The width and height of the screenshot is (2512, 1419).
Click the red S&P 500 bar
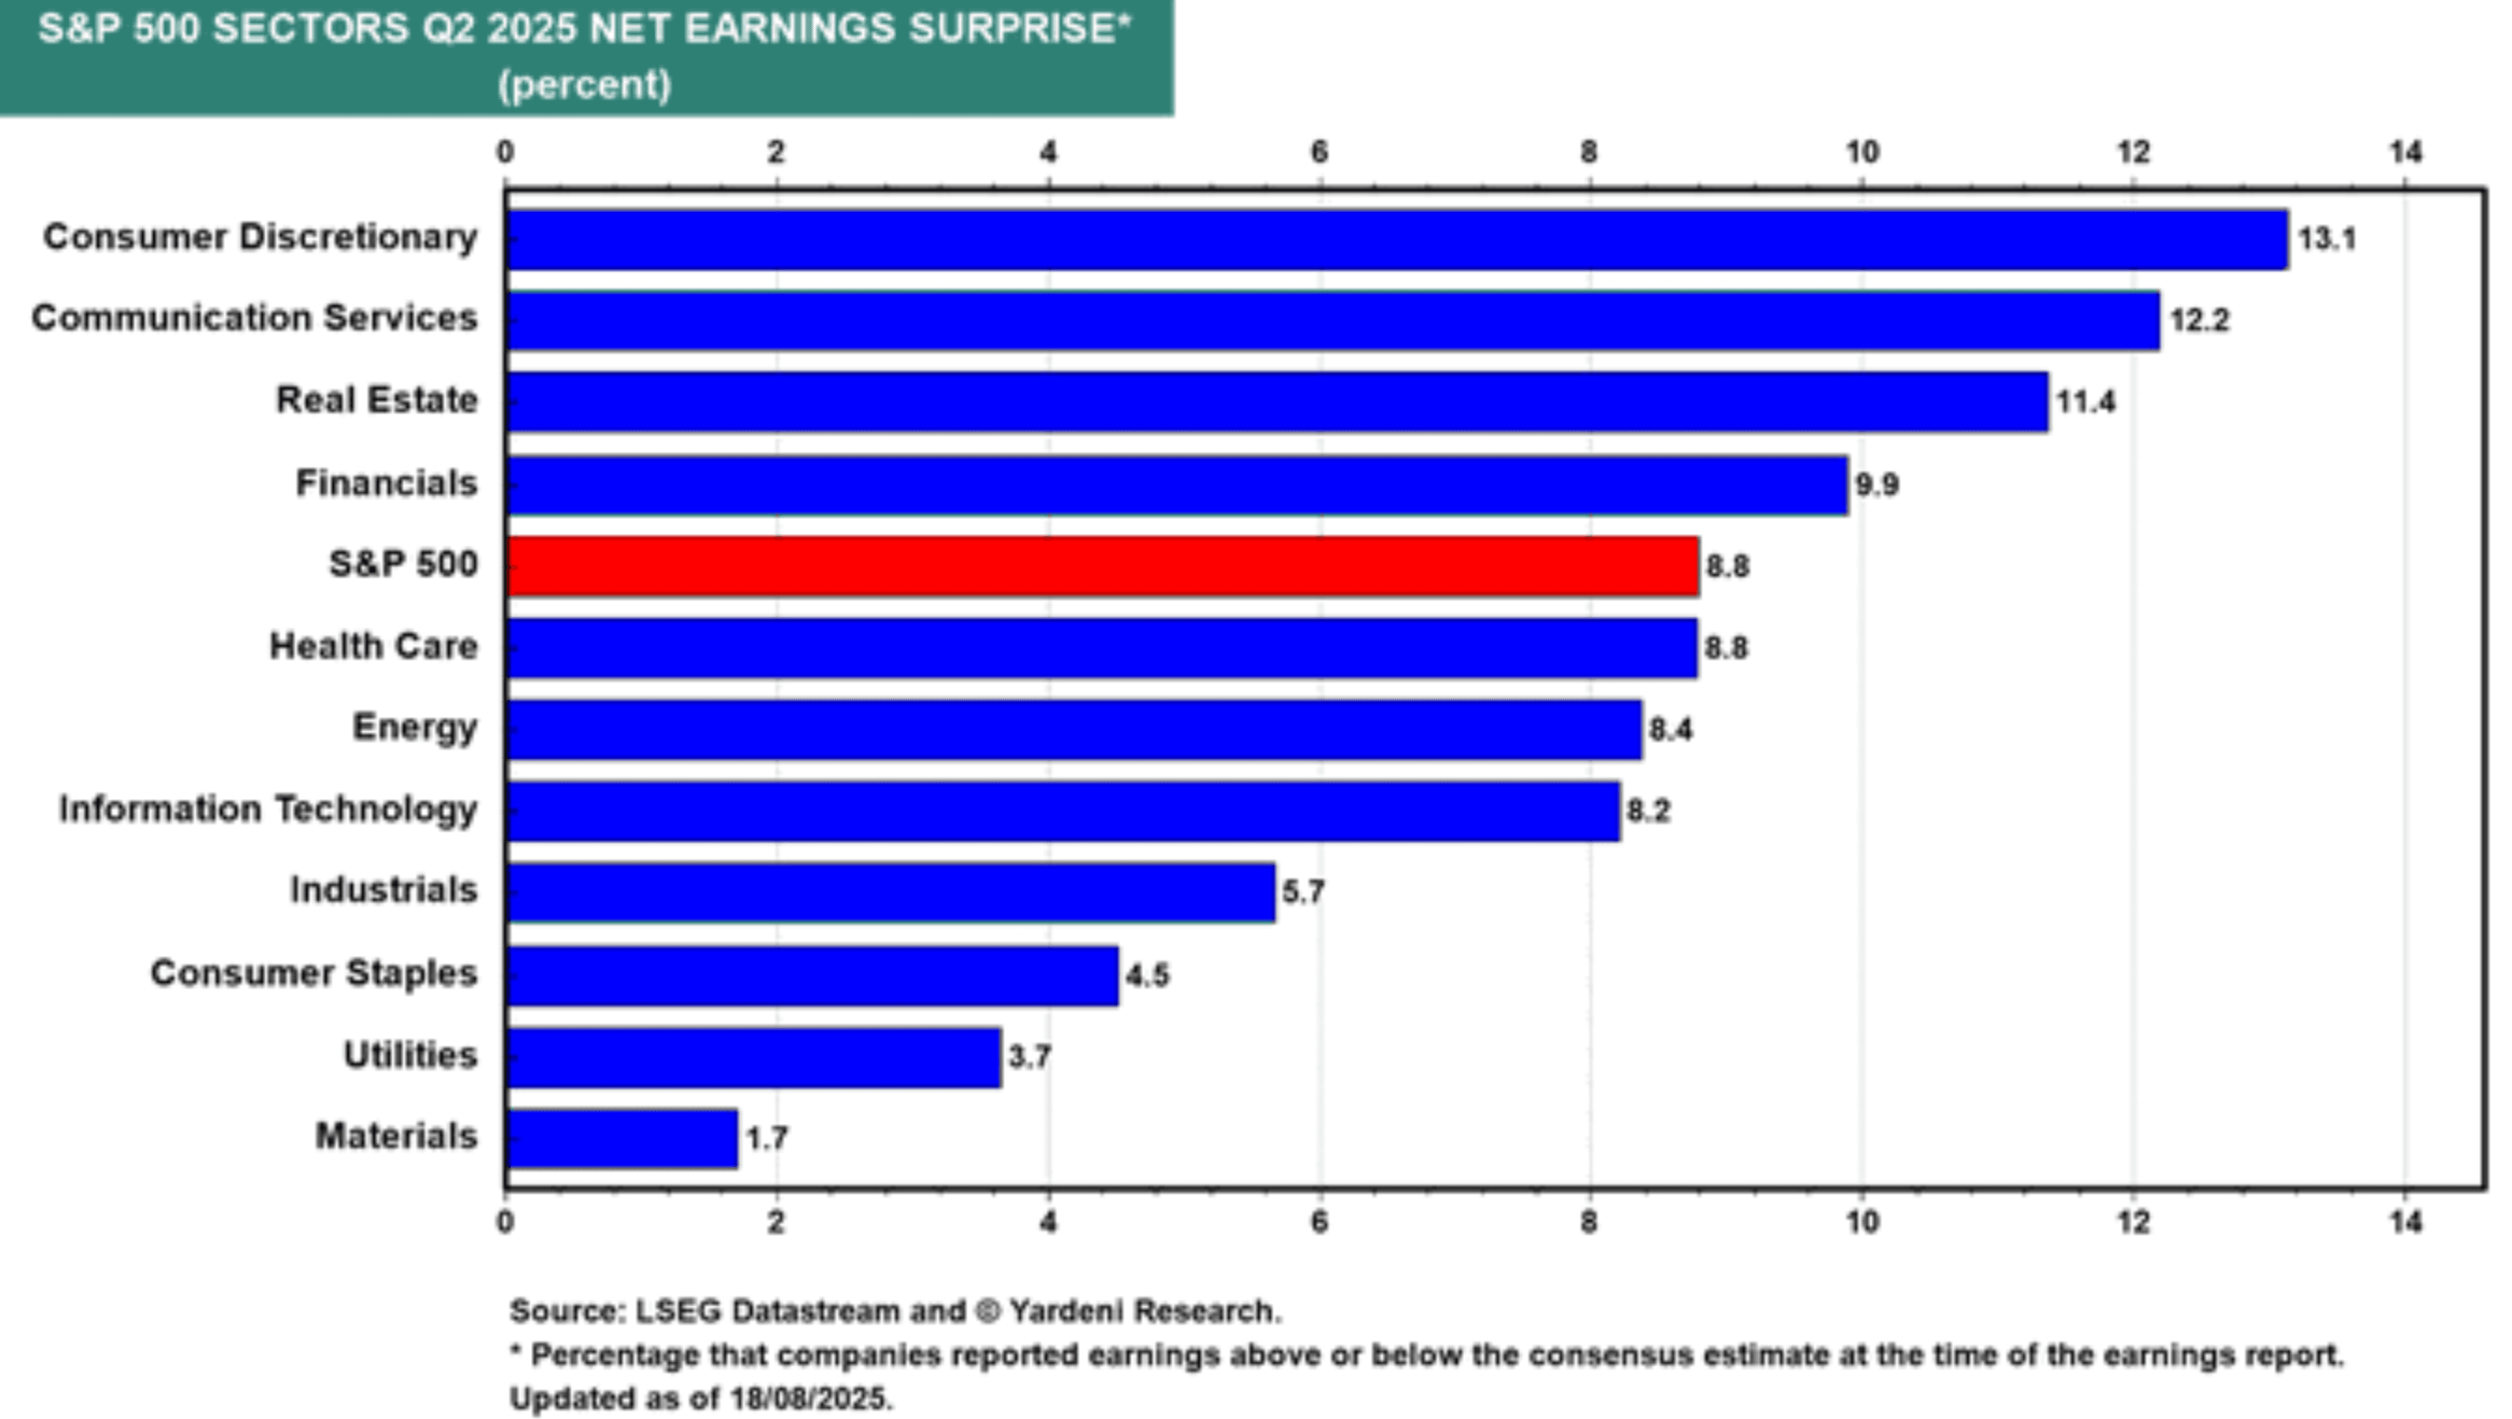[1102, 566]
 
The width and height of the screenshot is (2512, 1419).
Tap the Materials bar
[622, 1138]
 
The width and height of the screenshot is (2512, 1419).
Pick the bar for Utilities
[753, 1057]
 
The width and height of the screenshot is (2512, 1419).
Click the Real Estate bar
[1277, 400]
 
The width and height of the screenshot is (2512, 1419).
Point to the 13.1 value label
[2326, 239]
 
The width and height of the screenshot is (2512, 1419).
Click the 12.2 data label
[2199, 321]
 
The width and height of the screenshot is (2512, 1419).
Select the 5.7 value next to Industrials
[1303, 892]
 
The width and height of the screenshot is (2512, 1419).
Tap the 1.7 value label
[766, 1138]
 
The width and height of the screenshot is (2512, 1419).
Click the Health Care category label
[373, 646]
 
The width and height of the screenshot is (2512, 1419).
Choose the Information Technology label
[268, 808]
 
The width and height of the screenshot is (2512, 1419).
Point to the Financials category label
[386, 483]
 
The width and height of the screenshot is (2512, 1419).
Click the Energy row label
[414, 727]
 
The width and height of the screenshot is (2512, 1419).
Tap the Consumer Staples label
[313, 974]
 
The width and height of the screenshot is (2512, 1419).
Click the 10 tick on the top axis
[1862, 152]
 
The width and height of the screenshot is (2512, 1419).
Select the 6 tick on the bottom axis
[1319, 1222]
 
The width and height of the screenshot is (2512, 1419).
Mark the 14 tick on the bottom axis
[2405, 1222]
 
